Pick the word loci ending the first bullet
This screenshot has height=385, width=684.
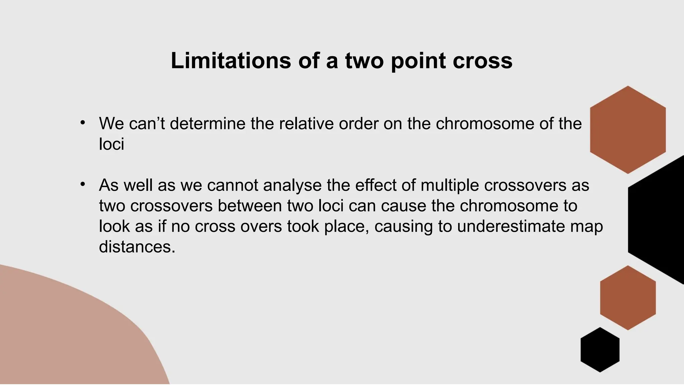[x=112, y=144]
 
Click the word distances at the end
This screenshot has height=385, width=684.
[x=137, y=247]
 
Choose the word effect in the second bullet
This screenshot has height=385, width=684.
[x=375, y=185]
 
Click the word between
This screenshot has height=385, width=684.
[x=250, y=206]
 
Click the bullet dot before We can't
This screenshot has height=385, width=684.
[x=82, y=123]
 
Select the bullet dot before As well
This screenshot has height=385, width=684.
[x=82, y=184]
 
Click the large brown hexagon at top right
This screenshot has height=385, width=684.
[x=628, y=130]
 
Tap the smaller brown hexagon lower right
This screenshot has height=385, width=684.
[x=628, y=298]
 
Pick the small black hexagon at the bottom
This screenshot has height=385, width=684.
[x=600, y=350]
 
